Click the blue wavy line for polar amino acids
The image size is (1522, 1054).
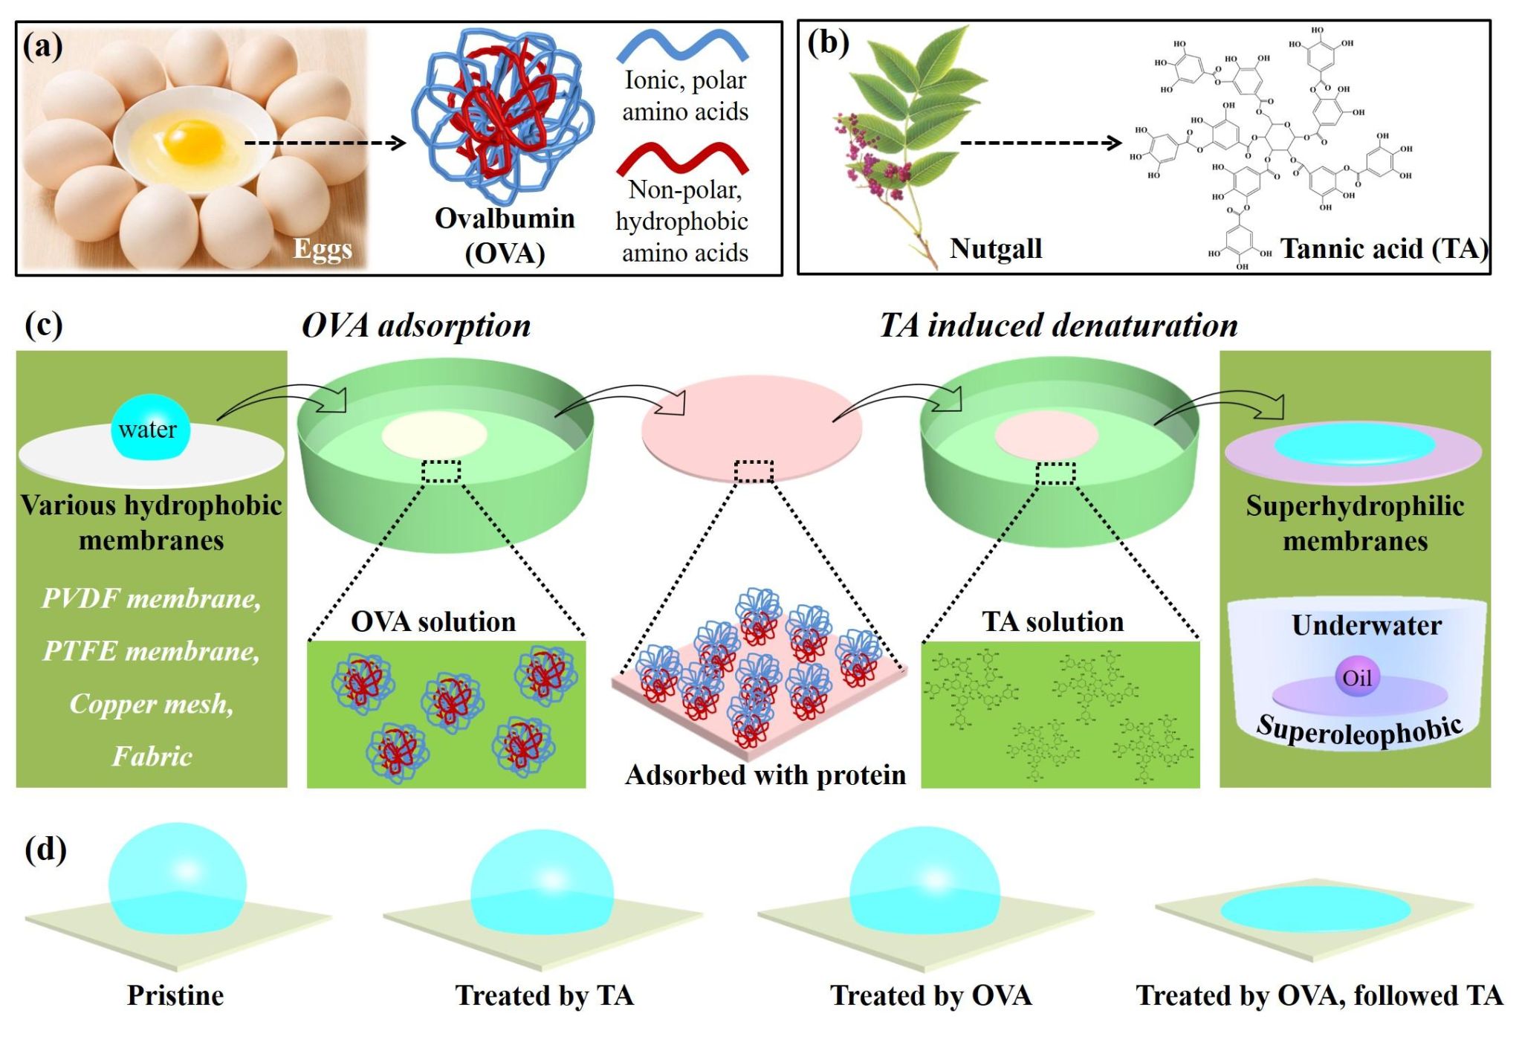[x=682, y=45]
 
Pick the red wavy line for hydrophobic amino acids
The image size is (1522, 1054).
[x=682, y=157]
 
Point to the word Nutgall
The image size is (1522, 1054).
[x=995, y=248]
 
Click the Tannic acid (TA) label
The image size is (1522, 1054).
[x=1384, y=248]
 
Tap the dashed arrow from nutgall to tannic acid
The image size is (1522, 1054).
[x=1040, y=143]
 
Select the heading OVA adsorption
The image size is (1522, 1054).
[x=416, y=326]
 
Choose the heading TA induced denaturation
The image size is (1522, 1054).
[x=1058, y=326]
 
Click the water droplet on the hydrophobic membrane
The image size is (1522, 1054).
[x=150, y=428]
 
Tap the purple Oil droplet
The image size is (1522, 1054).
[x=1356, y=677]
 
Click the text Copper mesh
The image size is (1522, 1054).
[x=152, y=703]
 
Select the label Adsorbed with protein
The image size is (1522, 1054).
[x=765, y=775]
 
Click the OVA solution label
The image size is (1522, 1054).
[x=433, y=621]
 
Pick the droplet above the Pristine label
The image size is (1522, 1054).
[x=177, y=878]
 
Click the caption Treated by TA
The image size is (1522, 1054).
[x=544, y=995]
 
